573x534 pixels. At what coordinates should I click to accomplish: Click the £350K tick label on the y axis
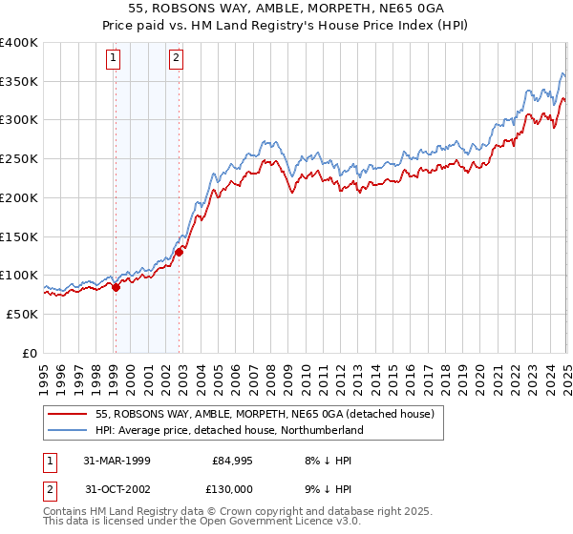tap(19, 81)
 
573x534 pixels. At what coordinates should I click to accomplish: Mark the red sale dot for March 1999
tap(116, 286)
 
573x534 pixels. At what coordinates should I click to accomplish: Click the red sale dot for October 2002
tap(179, 252)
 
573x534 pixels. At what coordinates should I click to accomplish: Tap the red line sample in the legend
tap(67, 414)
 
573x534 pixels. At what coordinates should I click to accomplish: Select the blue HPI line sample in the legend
tap(67, 430)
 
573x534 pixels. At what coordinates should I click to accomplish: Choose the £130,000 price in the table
tap(232, 487)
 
